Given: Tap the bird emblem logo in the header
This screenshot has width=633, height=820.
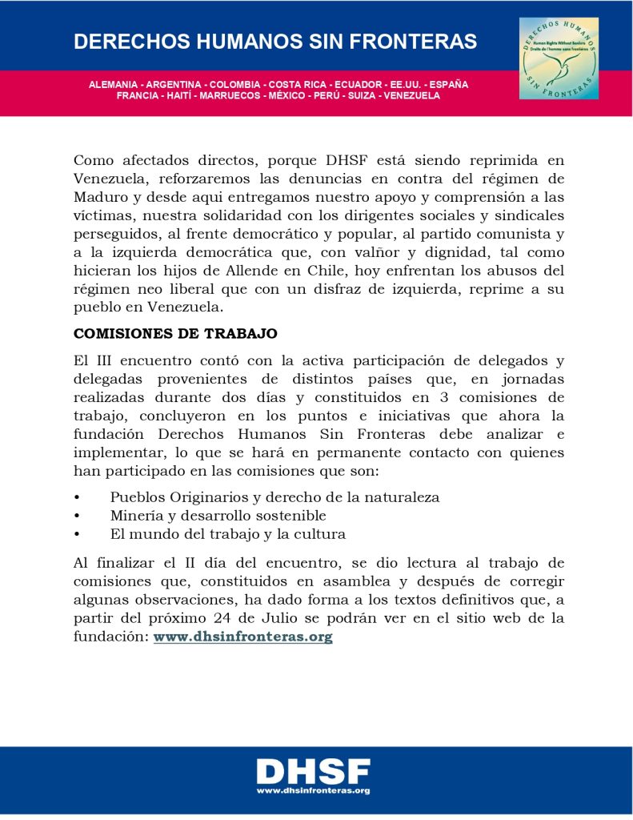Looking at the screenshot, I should pos(559,58).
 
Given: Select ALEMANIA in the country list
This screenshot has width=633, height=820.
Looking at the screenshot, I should pos(112,84).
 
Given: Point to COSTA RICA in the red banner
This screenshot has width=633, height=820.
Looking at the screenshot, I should pos(298,84).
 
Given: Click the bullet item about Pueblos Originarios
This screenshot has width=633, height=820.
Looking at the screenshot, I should pos(274,497).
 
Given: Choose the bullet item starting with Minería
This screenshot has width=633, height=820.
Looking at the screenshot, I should pos(218,516).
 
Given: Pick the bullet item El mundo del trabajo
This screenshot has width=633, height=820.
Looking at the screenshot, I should pos(227,534).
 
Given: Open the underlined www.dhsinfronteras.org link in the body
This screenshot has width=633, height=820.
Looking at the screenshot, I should pos(242,637).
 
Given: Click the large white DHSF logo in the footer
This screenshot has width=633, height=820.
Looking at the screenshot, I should pos(313,772).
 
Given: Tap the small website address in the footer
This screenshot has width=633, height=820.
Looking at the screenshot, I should pos(313,791).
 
